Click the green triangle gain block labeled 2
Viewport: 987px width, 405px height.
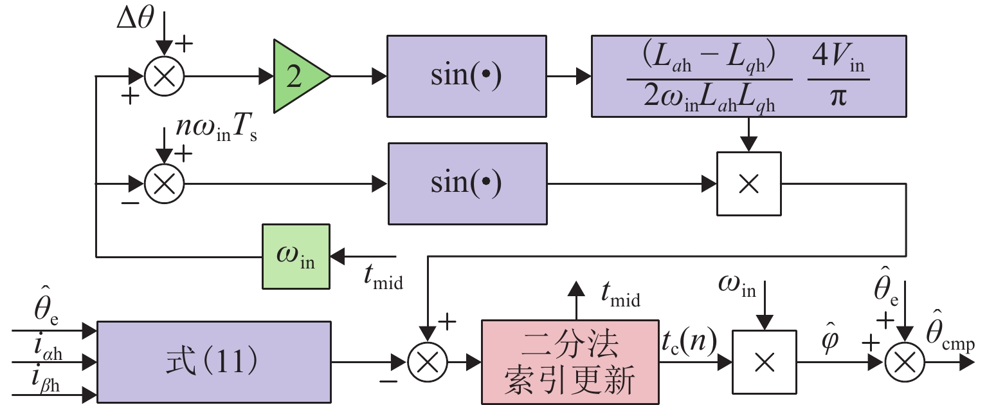(297, 77)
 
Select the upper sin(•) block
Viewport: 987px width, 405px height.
(467, 77)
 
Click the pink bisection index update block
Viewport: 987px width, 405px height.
(572, 363)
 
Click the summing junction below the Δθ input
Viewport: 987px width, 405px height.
(165, 77)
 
